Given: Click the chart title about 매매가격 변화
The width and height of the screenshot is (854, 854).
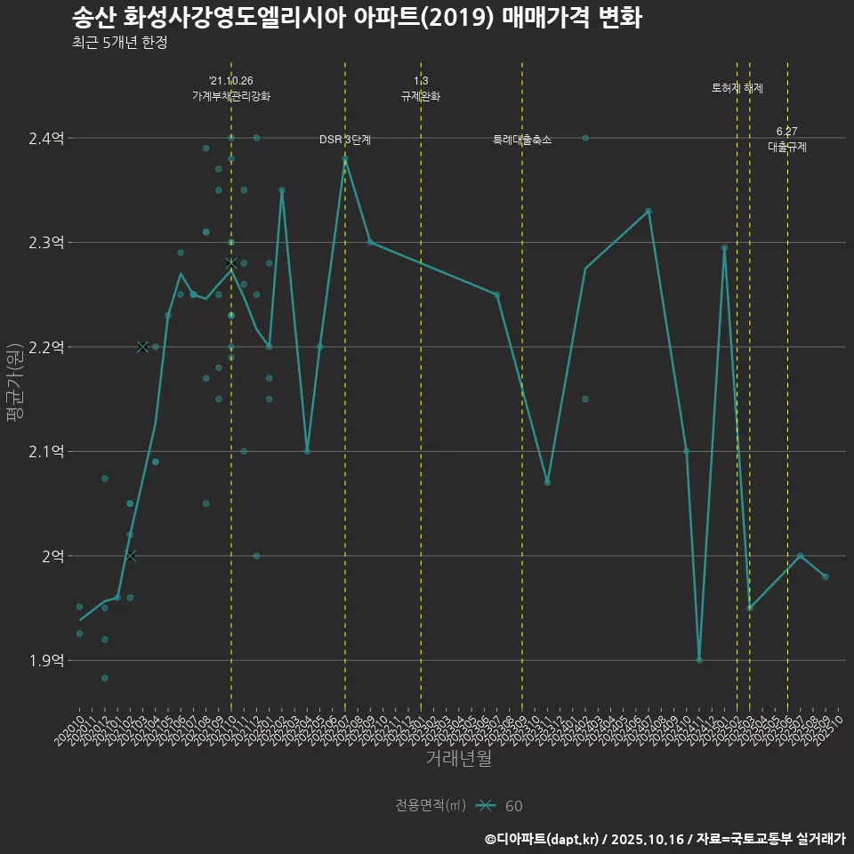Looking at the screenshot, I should click(356, 18).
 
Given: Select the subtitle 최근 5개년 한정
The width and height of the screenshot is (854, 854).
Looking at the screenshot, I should click(119, 42).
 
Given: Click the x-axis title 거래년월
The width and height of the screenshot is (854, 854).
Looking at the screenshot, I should click(458, 759).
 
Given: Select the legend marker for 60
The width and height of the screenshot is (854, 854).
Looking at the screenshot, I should click(485, 806).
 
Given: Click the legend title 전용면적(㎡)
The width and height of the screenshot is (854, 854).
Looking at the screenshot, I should click(431, 806).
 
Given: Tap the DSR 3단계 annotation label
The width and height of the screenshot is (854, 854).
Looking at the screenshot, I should click(345, 140).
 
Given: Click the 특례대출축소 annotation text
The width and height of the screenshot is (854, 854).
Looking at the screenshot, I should click(522, 140).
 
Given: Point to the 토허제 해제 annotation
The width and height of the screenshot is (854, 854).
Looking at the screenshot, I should click(737, 88).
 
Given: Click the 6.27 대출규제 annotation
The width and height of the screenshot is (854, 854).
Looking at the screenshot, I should click(787, 141).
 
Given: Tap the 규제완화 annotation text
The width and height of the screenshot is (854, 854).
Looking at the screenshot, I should click(421, 96).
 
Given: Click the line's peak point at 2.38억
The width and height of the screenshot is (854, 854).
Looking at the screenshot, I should click(345, 159).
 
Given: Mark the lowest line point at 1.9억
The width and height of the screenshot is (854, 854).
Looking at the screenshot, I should click(699, 660).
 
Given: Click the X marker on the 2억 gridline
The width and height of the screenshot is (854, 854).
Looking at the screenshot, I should click(130, 556).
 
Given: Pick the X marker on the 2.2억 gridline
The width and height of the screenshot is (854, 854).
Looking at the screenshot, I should click(142, 347).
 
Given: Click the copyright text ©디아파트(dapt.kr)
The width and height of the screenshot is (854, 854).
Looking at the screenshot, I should click(543, 839).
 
